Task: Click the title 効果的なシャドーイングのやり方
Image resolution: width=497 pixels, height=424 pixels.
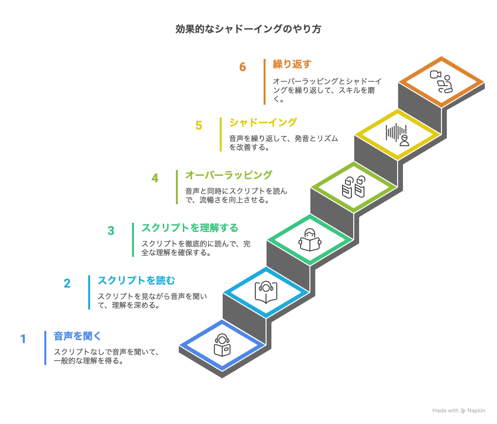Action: (248, 29)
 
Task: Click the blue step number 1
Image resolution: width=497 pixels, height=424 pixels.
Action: (23, 339)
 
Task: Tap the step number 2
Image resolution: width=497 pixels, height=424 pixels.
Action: (67, 283)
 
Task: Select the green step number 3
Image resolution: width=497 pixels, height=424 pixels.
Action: (111, 231)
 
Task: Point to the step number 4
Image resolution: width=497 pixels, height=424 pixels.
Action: (155, 178)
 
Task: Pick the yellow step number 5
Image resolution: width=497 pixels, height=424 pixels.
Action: (199, 125)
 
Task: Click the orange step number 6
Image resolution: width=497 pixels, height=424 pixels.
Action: (243, 67)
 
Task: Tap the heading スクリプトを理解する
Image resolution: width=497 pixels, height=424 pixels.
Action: (190, 228)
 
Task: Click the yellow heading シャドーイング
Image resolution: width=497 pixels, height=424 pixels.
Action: (263, 122)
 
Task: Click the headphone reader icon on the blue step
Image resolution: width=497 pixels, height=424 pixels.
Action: (222, 345)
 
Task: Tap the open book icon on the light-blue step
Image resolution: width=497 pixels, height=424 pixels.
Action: (266, 292)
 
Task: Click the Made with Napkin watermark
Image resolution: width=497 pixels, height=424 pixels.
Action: (459, 411)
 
